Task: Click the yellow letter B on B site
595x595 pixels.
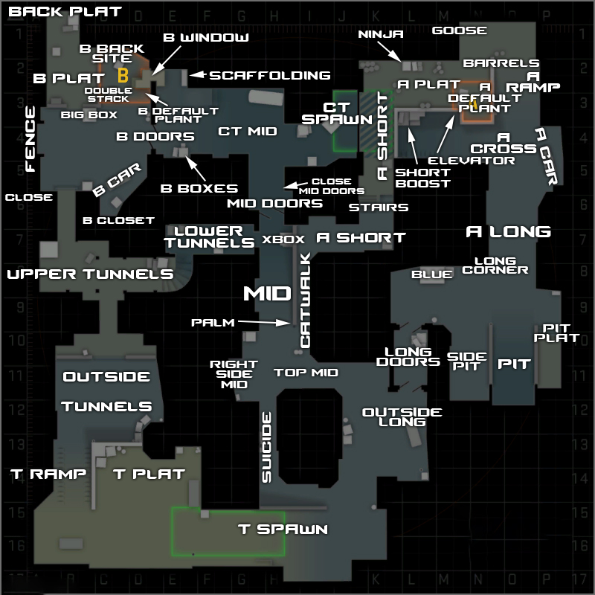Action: (x=123, y=74)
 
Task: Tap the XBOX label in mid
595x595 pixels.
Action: (x=283, y=239)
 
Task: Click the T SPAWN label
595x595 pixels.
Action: (x=283, y=530)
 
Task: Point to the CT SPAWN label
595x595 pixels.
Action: (x=338, y=113)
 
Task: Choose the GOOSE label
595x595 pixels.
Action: (x=460, y=30)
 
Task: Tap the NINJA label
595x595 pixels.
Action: (x=381, y=34)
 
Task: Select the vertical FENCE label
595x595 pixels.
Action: (x=30, y=138)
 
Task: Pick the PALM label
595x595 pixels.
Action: (x=213, y=323)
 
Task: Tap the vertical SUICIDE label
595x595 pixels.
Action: (x=267, y=447)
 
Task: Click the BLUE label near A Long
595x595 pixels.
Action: (x=432, y=274)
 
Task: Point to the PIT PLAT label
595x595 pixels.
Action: (x=561, y=332)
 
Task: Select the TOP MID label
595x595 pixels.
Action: (x=306, y=373)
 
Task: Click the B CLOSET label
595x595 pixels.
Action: (x=118, y=220)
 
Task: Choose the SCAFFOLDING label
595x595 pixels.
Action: (x=269, y=75)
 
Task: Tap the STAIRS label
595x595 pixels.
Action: (x=379, y=207)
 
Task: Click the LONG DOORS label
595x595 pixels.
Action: (x=408, y=356)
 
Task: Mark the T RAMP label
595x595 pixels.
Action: (x=48, y=474)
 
